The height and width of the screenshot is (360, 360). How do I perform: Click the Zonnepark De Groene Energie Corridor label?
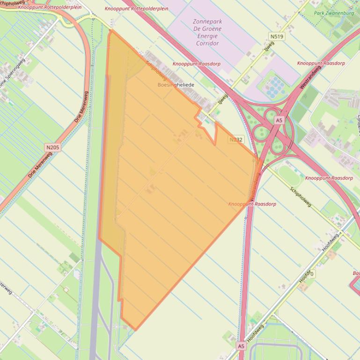pos(207,32)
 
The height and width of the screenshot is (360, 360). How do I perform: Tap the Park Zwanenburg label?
pos(334,14)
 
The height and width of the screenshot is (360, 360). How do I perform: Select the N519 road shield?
pos(277,36)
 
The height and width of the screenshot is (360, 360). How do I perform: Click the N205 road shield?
pos(52,147)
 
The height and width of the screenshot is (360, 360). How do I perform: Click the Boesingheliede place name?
pos(176,85)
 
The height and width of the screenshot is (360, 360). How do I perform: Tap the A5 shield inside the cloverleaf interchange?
pos(279,120)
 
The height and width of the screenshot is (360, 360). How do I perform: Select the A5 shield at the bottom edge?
pos(241,346)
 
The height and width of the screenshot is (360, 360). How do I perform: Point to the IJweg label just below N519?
pos(269,48)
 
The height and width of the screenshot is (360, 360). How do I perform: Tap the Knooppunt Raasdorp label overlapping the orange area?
pos(252,204)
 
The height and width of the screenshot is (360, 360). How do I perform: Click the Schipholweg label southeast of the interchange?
pos(301,197)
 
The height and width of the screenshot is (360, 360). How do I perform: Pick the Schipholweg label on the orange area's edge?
pos(156,70)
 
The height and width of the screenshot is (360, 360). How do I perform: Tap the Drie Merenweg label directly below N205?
pos(39,164)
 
